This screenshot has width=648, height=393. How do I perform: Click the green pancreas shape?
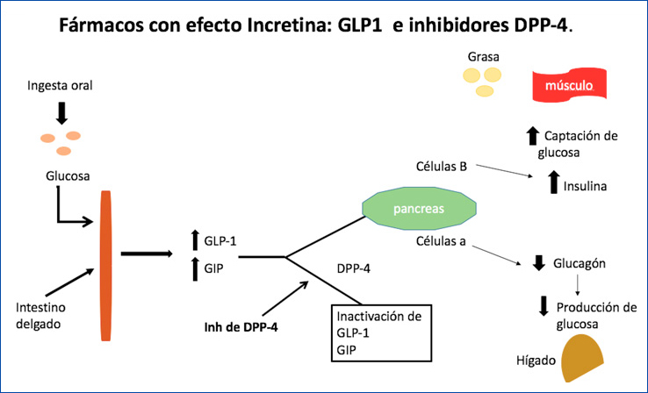tap(419, 210)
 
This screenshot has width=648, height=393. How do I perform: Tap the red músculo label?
tap(568, 87)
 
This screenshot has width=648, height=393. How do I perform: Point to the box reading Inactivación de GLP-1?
tap(382, 332)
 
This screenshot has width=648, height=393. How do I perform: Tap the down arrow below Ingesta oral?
tap(61, 111)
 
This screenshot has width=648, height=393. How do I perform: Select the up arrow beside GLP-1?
tap(195, 239)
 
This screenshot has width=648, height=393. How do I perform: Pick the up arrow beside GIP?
tap(195, 267)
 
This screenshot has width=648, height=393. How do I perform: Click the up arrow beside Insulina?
tap(553, 182)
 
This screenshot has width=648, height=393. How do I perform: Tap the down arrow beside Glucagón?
tap(538, 263)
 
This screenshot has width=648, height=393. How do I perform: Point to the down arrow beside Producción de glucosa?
tap(544, 306)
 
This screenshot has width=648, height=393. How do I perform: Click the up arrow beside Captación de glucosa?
tap(531, 135)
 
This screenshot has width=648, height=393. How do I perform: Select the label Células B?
tap(441, 166)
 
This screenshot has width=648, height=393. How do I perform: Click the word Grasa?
tap(484, 58)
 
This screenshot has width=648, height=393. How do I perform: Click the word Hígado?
tap(533, 360)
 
